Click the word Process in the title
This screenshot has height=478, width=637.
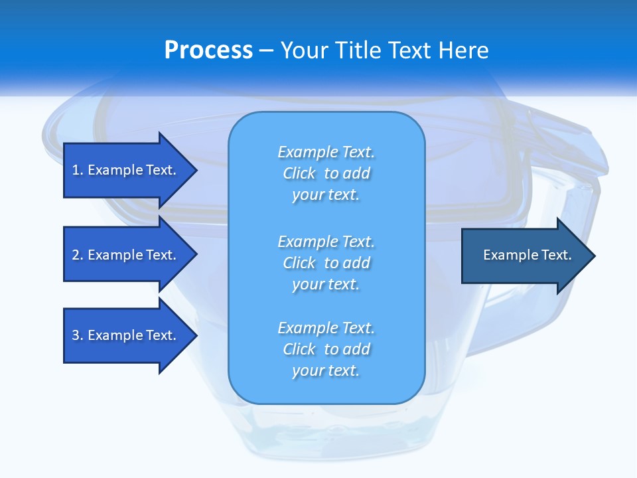(x=208, y=50)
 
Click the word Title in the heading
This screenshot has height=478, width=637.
(x=357, y=50)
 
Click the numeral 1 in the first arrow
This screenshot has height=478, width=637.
(x=76, y=170)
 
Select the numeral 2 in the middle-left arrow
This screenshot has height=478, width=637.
(x=76, y=255)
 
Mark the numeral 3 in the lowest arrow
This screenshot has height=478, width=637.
(x=76, y=335)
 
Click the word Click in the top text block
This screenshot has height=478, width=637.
(x=299, y=173)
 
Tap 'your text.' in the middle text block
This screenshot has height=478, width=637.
(x=326, y=284)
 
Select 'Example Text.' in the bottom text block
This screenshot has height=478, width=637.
(x=326, y=328)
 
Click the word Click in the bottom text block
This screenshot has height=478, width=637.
(x=299, y=349)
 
